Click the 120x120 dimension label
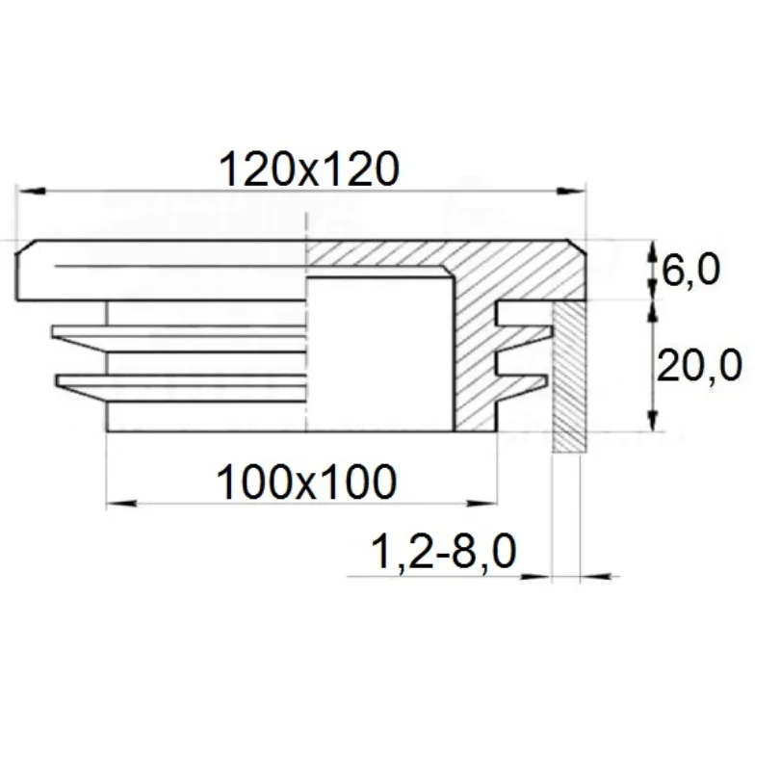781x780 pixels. coord(309,169)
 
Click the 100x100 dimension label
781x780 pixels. coord(306,482)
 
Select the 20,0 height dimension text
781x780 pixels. coord(700,365)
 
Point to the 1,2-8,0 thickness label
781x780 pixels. coord(444,552)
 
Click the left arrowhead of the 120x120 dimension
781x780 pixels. coord(31,192)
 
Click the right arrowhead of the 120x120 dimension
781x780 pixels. coord(571,192)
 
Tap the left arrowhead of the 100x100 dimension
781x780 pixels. coord(121,504)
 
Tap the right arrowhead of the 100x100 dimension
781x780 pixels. coord(482,504)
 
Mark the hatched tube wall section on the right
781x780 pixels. coord(568,377)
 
